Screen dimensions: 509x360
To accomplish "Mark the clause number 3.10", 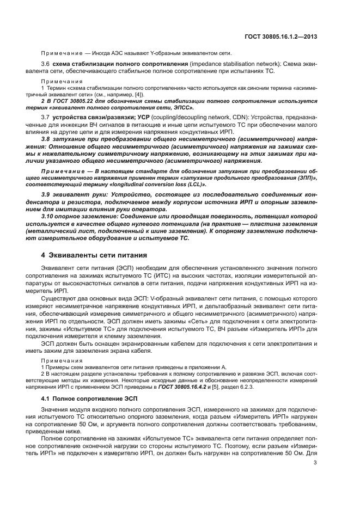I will (x=49, y=216).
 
